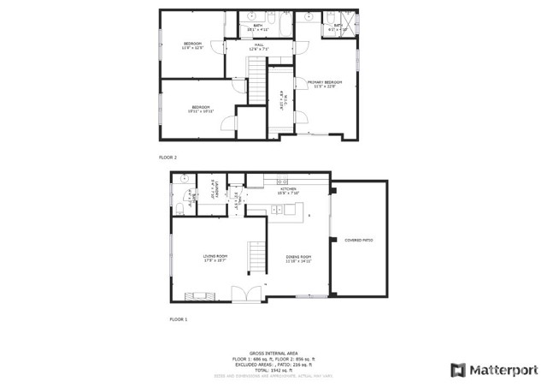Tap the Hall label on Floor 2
(x=258, y=46)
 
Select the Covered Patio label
(x=358, y=240)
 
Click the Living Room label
(x=215, y=258)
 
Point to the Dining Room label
(x=298, y=258)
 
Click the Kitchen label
(x=287, y=191)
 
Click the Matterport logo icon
(x=459, y=370)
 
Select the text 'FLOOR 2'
(x=168, y=158)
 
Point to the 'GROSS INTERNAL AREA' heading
(x=273, y=352)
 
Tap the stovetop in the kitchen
(x=282, y=182)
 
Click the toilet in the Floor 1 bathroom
(x=179, y=207)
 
